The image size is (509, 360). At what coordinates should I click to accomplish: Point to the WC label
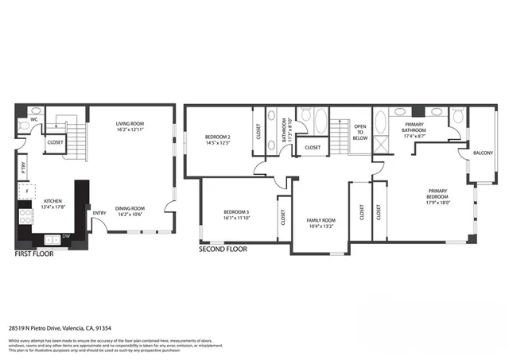click(x=35, y=120)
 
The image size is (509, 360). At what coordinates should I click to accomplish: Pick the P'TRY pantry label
click(x=24, y=168)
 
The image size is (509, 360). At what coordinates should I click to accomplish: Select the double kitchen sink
click(x=51, y=238)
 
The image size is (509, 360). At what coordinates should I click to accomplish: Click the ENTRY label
click(x=99, y=213)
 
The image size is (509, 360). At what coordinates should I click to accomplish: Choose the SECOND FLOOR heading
click(x=223, y=249)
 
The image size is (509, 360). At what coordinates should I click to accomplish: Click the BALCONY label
click(x=483, y=153)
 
